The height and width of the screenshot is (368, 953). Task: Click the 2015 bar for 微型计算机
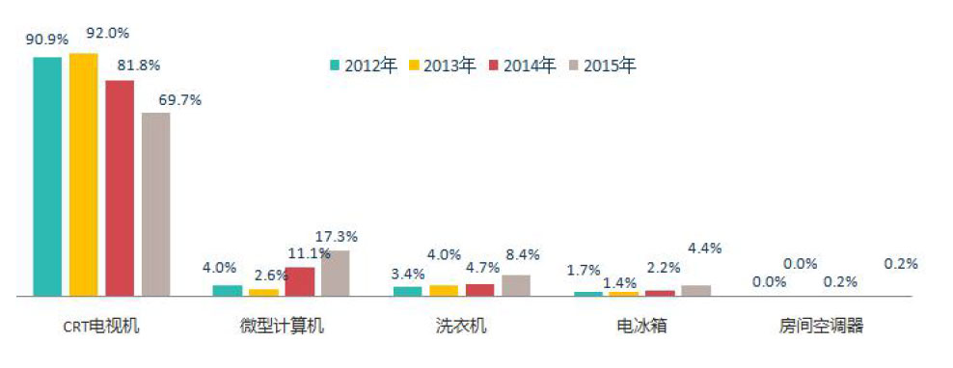pos(335,273)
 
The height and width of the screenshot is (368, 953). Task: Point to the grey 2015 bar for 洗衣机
pos(516,285)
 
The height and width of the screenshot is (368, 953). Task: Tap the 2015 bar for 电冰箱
pos(695,290)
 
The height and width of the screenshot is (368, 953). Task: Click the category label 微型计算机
pos(282,326)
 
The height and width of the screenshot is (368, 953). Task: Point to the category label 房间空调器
pos(821,326)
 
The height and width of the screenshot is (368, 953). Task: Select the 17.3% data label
pos(338,236)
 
